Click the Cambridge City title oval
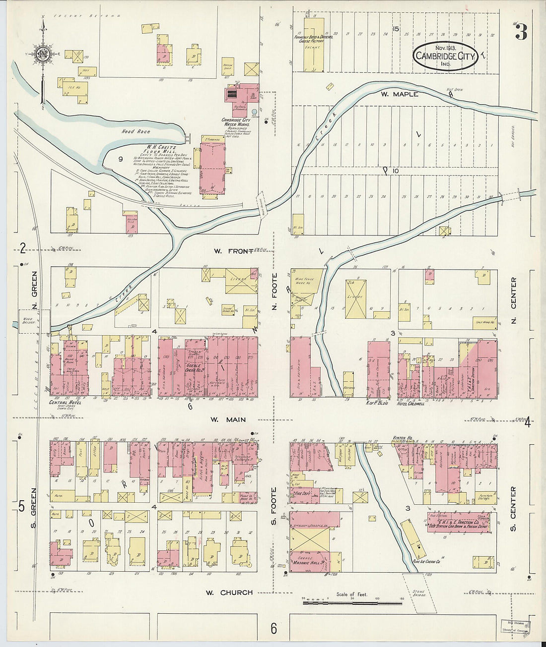(445, 56)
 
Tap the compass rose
(43, 54)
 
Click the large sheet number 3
(521, 33)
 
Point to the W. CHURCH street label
(229, 592)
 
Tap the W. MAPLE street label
(399, 94)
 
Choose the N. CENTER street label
(514, 300)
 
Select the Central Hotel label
(65, 403)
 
